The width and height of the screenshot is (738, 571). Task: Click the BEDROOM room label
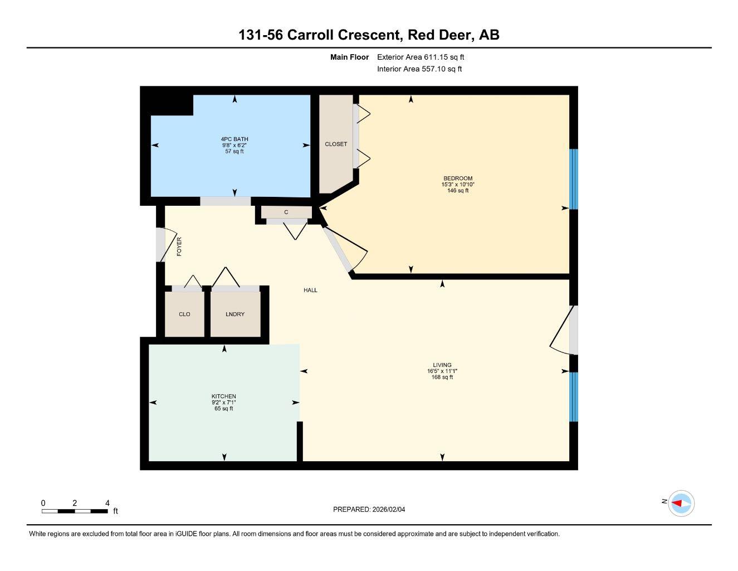pos(457,178)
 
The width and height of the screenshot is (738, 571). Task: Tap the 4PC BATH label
pos(234,139)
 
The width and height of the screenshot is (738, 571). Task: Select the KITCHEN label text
pos(223,396)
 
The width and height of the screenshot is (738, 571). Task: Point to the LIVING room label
pos(442,365)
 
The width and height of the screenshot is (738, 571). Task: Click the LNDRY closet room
pos(235,314)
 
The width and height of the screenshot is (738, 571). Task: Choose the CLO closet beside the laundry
pos(184,314)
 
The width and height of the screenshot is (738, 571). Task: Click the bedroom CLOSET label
pos(336,144)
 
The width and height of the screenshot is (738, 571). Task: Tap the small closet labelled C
pos(286,212)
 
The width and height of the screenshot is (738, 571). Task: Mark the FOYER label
pos(179,246)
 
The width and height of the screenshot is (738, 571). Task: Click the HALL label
pos(310,290)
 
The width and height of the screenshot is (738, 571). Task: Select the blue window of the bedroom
pos(574,179)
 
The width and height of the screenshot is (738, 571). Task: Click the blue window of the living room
pos(574,397)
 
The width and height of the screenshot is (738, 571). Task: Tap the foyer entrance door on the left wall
pos(161,245)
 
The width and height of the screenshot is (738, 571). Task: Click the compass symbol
pos(681,503)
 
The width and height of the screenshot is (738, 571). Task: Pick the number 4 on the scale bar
pos(107,502)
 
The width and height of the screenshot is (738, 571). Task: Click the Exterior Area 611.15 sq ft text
pos(421,57)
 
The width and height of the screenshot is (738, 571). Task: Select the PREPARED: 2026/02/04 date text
pos(373,509)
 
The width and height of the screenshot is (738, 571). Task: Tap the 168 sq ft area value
pos(442,378)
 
